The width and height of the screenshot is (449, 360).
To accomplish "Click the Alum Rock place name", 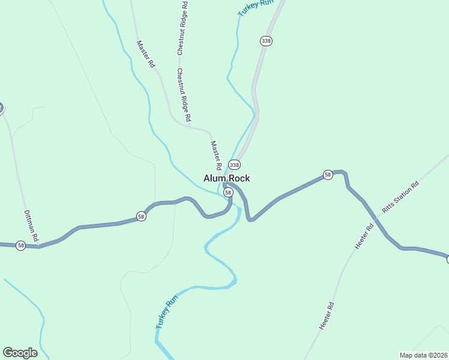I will tap(226, 178).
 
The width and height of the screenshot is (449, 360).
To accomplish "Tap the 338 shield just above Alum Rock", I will tap(234, 164).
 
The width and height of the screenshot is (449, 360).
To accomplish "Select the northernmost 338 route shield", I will tap(267, 41).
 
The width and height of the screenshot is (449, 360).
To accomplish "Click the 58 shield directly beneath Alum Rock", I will tap(228, 192).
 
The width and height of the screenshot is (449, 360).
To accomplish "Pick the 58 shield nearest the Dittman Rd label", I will tap(21, 245).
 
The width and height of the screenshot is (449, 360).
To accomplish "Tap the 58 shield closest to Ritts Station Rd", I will tap(327, 175).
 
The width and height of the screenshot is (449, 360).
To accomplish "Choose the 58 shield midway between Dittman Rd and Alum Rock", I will tap(141, 216).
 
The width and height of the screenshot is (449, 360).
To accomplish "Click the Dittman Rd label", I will tap(31, 224).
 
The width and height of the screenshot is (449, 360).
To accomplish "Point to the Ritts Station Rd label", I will tap(400, 198).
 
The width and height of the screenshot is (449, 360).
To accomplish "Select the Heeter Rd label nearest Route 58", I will tap(364, 236).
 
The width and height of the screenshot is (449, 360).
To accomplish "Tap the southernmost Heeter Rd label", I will tap(326, 316).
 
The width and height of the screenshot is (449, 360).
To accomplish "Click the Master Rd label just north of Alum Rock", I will tap(216, 155).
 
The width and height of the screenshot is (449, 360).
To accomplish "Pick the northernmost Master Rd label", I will tap(146, 53).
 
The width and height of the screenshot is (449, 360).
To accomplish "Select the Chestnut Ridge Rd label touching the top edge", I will tap(181, 28).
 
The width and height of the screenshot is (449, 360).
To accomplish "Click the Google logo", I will tap(20, 353).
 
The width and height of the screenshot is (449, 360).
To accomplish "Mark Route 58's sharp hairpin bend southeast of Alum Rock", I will tap(251, 219).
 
